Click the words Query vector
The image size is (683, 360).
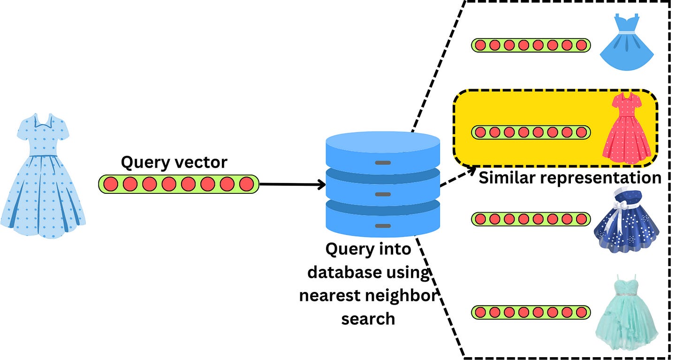(x=174, y=162)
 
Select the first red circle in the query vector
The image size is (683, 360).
(x=111, y=184)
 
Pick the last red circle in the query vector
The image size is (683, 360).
(x=246, y=184)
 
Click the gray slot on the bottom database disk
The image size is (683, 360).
(x=383, y=226)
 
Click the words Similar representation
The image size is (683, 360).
(x=569, y=178)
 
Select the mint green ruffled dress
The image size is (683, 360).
(x=627, y=312)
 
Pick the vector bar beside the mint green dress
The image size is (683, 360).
(x=531, y=312)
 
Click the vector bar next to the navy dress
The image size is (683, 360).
(x=531, y=219)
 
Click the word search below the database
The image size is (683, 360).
(x=368, y=319)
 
